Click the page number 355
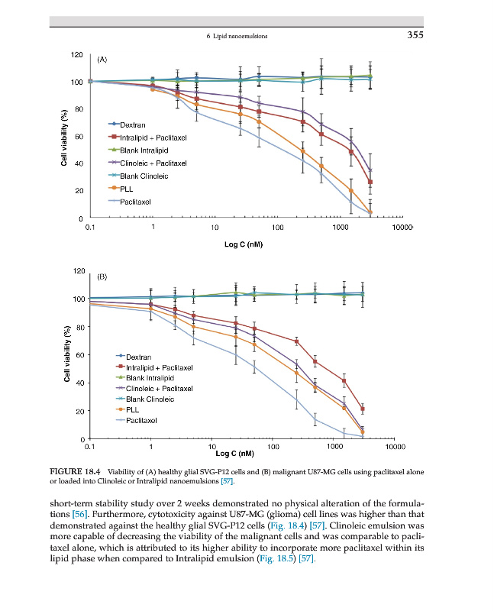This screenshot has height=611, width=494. tap(414, 35)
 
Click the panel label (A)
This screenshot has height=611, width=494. tap(102, 58)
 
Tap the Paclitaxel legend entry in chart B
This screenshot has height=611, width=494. tap(141, 421)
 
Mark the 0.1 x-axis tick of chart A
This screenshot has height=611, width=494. tap(90, 227)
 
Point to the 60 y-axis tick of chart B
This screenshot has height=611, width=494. tap(78, 354)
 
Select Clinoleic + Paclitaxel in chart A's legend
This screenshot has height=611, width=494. tap(153, 163)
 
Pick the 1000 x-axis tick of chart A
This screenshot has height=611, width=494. tap(341, 227)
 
